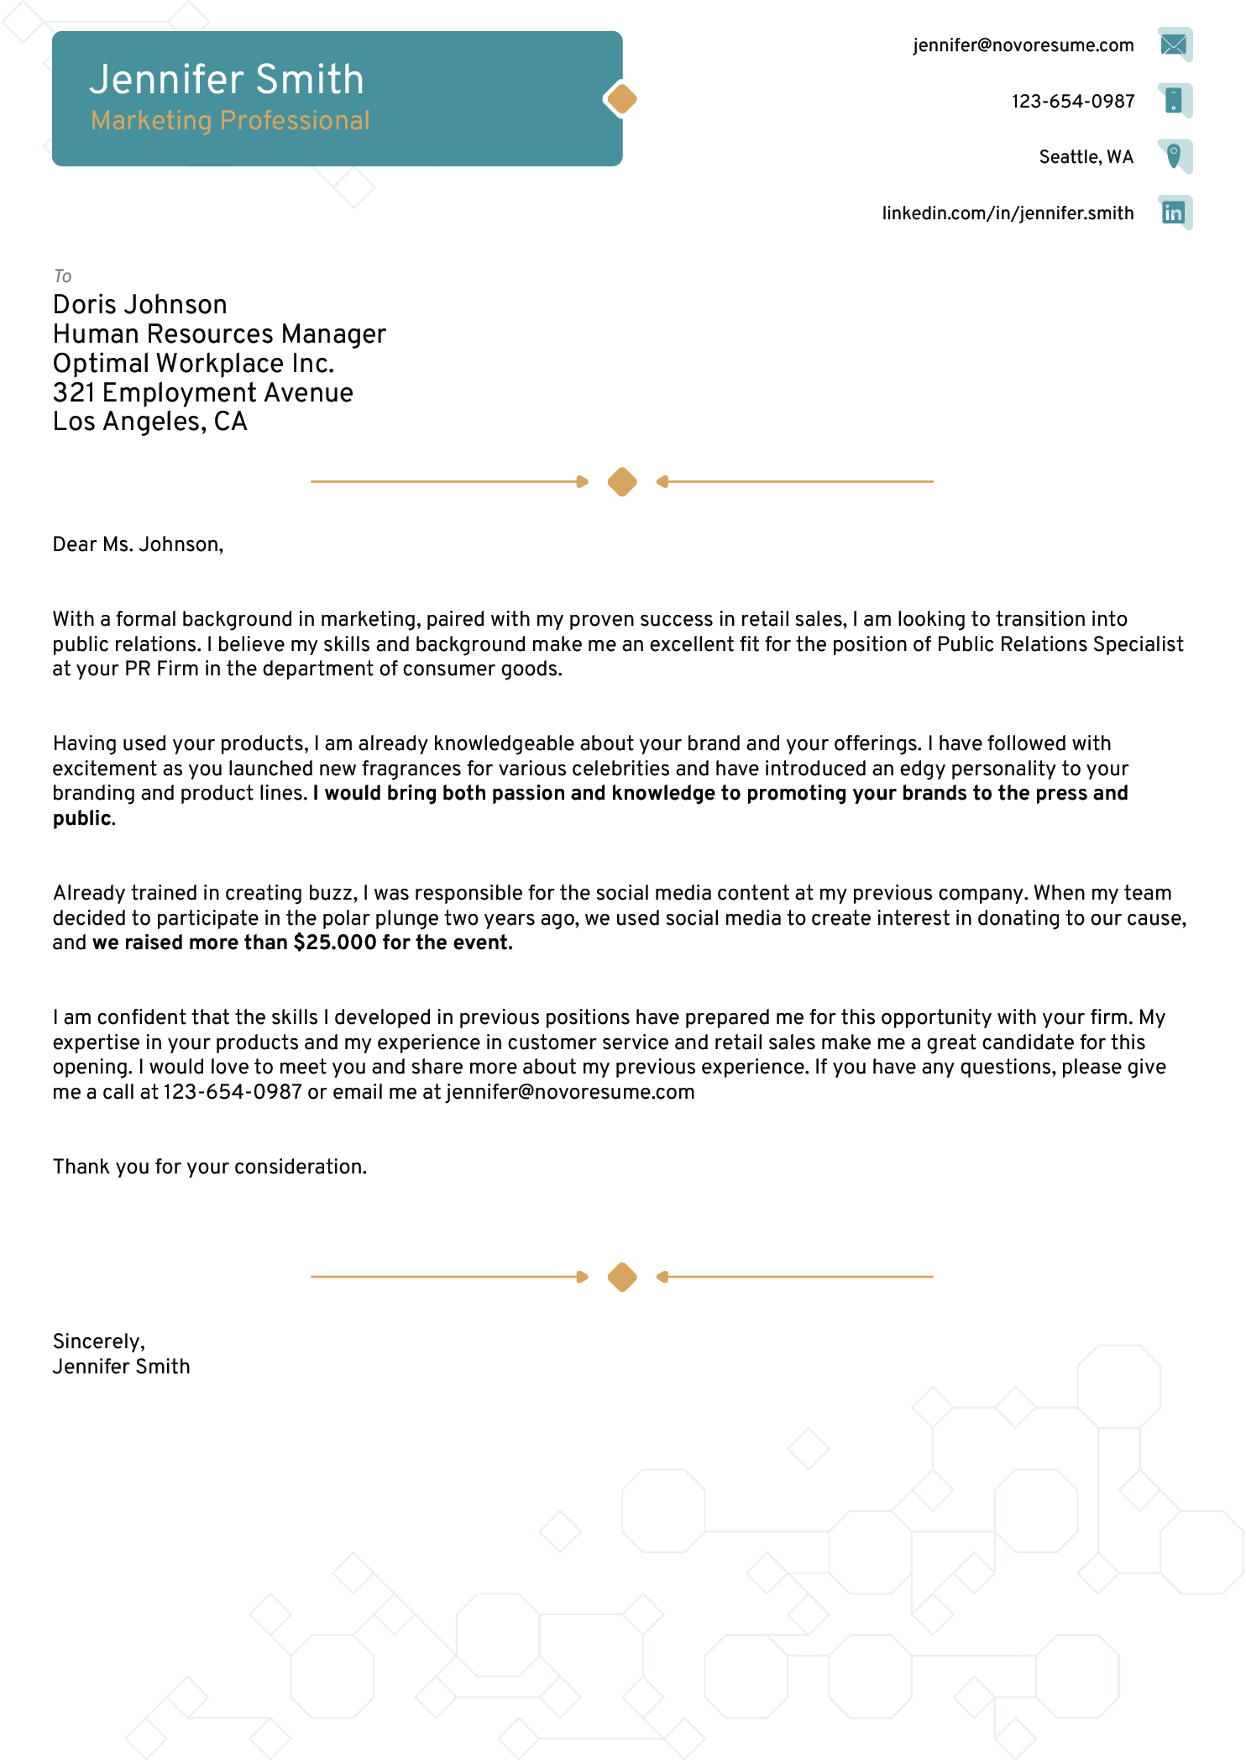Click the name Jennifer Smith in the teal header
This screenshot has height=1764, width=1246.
[x=227, y=80]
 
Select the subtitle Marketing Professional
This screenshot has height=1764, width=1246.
[x=230, y=121]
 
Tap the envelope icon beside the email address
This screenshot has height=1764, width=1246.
[x=1174, y=45]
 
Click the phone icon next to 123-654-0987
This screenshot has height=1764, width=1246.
[x=1174, y=101]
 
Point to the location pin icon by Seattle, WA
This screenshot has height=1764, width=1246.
[x=1174, y=155]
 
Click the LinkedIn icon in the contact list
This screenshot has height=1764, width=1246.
[x=1174, y=213]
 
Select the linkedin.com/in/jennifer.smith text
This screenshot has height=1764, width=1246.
[x=1007, y=213]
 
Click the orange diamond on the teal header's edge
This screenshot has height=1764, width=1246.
[x=622, y=99]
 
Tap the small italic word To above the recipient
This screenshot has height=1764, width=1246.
[x=62, y=276]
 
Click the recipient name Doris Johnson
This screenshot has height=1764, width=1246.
[x=140, y=304]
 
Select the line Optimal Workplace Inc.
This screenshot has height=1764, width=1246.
[x=193, y=364]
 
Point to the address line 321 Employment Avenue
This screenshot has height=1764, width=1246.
[x=202, y=392]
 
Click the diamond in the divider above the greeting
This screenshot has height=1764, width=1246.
[x=622, y=481]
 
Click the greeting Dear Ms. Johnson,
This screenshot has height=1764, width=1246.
[x=138, y=544]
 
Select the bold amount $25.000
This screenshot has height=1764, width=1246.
[x=335, y=942]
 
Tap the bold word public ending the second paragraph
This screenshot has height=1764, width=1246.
[x=81, y=818]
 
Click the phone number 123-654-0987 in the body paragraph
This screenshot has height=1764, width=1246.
[x=232, y=1092]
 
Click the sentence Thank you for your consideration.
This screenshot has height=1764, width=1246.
[x=210, y=1167]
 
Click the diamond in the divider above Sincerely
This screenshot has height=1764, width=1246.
[x=622, y=1277]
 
